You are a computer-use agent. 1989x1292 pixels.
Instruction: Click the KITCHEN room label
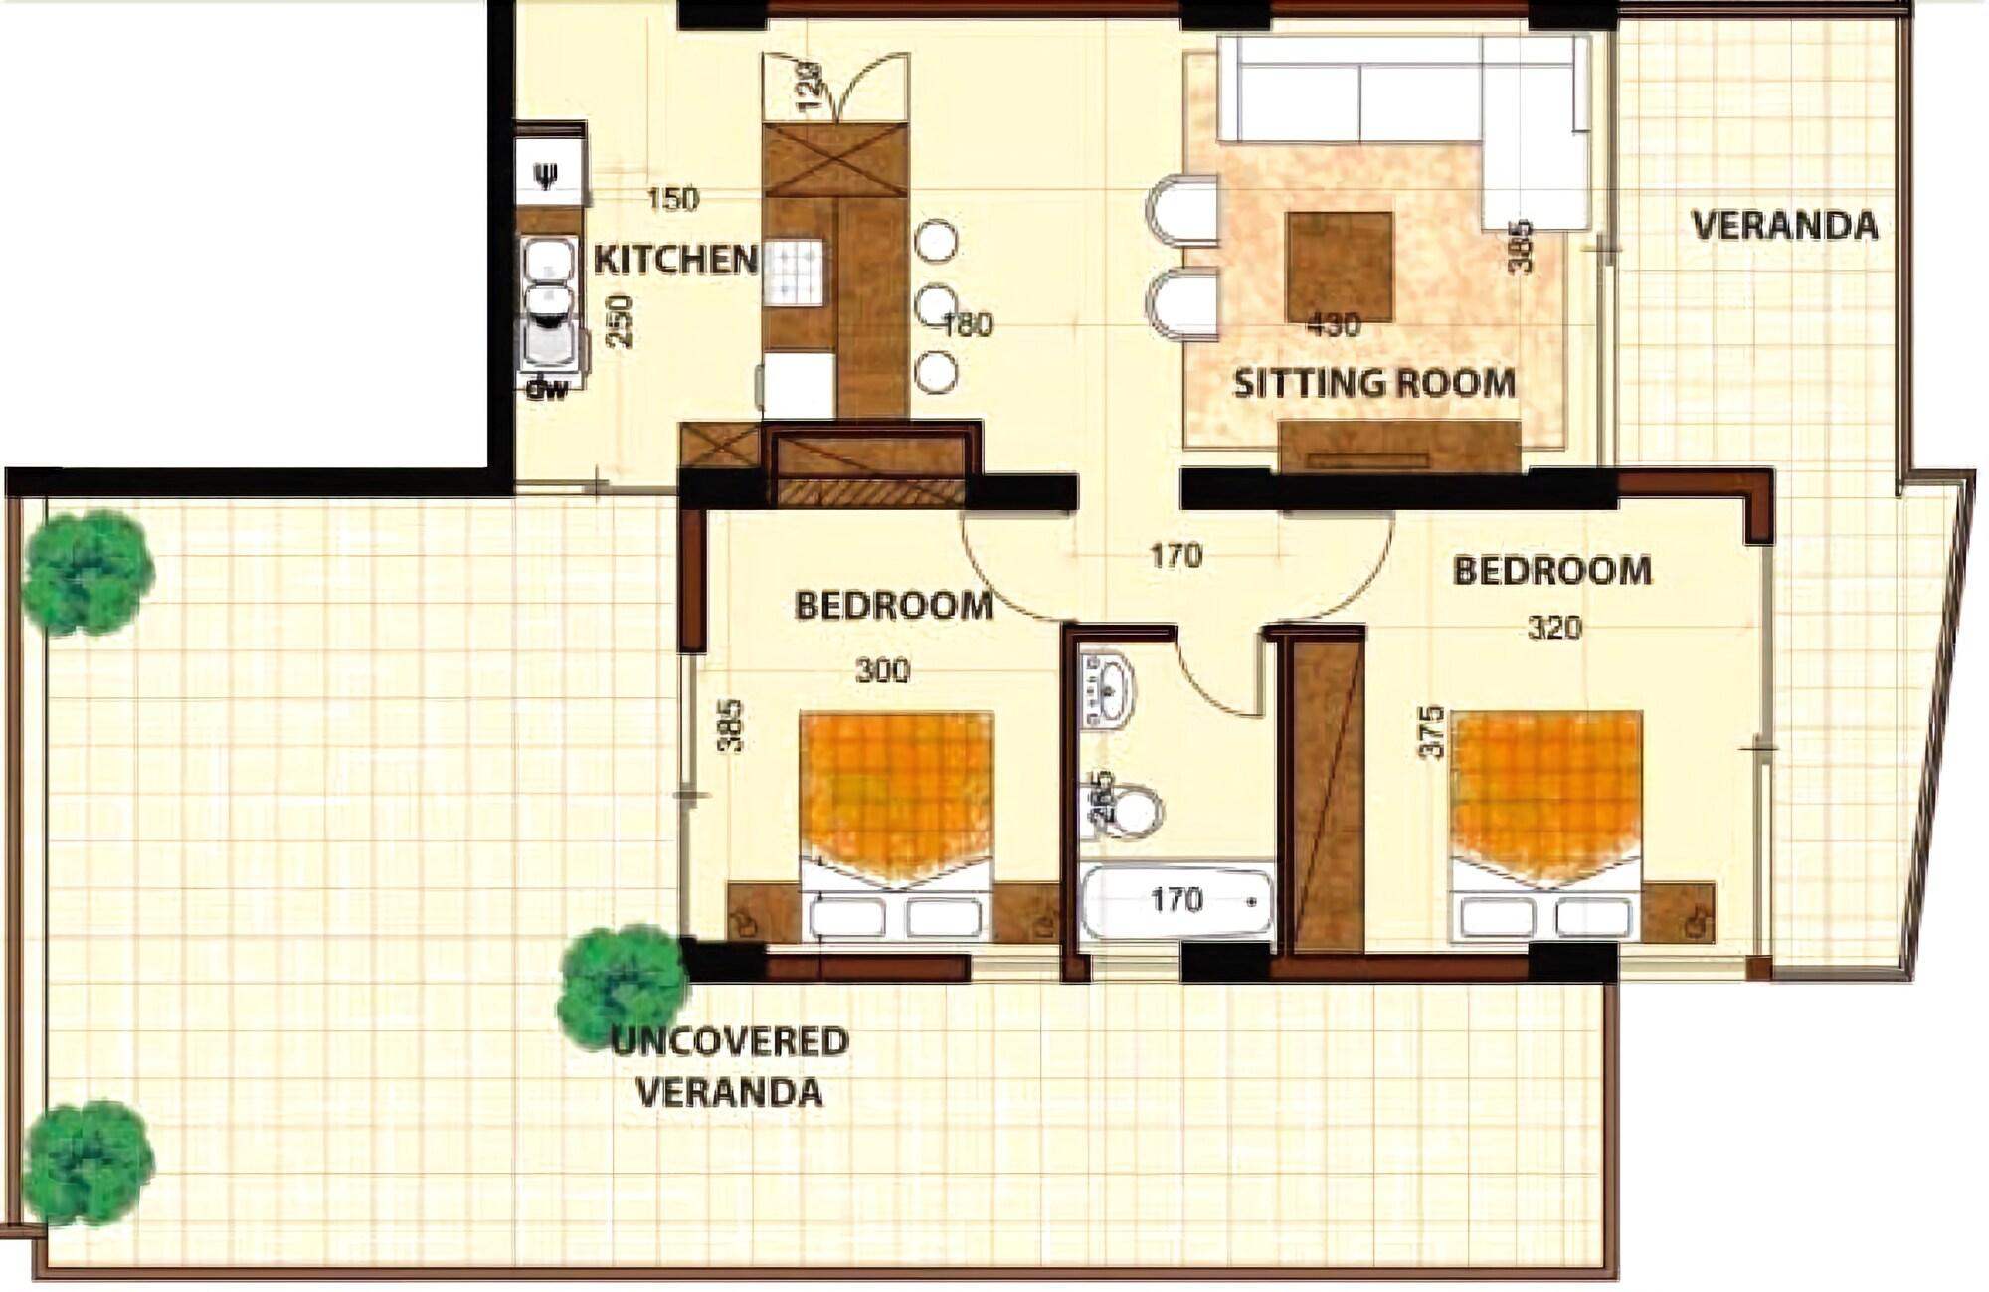click(675, 260)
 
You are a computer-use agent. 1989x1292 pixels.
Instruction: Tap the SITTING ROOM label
click(1374, 383)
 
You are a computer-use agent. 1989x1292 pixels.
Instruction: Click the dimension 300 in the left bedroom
click(883, 671)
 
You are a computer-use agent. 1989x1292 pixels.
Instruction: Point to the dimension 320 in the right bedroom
click(1554, 628)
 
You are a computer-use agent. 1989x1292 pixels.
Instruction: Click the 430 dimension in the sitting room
click(1334, 325)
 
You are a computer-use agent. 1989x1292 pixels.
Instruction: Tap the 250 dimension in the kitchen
click(620, 320)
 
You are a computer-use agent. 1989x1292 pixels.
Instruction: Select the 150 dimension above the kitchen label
click(673, 199)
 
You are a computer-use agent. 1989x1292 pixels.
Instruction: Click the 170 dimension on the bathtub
click(1176, 900)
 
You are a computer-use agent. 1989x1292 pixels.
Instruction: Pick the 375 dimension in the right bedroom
click(1431, 732)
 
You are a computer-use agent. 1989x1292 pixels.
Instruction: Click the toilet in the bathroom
click(1135, 811)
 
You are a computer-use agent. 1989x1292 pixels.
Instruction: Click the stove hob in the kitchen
click(794, 272)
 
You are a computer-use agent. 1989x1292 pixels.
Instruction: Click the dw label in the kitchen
click(546, 389)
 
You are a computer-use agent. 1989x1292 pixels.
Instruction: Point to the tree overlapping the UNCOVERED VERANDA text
click(623, 988)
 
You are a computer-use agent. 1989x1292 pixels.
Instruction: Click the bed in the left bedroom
click(897, 826)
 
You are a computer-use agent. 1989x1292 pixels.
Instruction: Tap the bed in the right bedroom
click(1545, 826)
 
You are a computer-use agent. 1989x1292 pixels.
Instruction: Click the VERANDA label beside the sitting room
click(1784, 226)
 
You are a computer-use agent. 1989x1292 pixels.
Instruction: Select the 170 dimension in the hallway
click(1176, 555)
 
